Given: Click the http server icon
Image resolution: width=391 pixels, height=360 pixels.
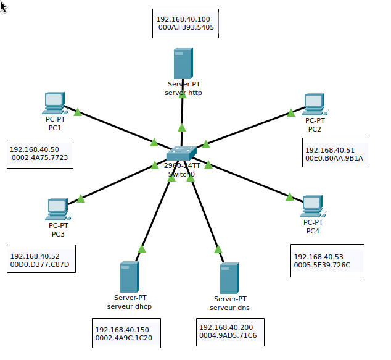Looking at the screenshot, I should point(183,64).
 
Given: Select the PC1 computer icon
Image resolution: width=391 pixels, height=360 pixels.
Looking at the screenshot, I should point(55,103).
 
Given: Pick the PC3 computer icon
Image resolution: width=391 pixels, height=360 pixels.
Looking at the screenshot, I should point(57,209).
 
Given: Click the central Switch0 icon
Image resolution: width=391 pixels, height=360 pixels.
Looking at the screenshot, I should point(181,154).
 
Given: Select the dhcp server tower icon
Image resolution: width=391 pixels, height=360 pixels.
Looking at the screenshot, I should point(129,277).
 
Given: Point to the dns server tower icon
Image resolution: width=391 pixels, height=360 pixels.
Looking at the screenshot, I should point(229,278).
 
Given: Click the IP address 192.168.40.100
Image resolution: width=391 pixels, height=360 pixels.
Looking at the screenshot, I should point(183,19).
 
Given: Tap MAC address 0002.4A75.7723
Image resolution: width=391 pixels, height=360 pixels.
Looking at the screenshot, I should point(39,157).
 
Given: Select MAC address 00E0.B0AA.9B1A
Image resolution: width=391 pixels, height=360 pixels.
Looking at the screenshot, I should point(334,158).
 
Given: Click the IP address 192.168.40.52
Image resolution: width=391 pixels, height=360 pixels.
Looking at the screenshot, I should point(35,256).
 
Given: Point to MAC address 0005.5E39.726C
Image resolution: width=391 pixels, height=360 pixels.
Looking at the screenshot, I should point(322,265).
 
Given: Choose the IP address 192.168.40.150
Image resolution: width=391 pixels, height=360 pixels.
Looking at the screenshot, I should point(122,330).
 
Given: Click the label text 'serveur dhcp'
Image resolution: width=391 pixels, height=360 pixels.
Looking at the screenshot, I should point(129,306).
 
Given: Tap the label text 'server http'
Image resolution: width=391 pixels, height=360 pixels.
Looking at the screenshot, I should point(183,93).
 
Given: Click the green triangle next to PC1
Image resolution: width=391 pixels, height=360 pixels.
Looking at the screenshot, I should point(78,112).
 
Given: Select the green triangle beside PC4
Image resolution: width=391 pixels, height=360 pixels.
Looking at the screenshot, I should point(289,196).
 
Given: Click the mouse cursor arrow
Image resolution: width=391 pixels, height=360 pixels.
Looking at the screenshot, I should point(4,7).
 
